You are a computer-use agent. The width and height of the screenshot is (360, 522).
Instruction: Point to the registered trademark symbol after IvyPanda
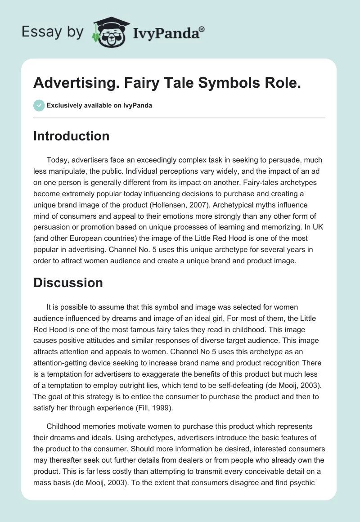pos(202,28)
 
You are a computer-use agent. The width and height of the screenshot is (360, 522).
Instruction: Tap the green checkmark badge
pos(39,105)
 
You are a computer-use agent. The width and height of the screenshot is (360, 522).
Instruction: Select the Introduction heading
pos(71,136)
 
